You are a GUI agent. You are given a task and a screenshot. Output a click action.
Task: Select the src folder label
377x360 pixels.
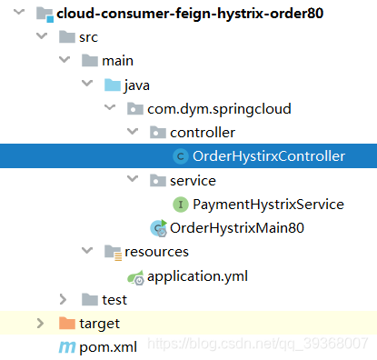88,38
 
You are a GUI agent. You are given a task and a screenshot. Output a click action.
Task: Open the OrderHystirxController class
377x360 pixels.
269,156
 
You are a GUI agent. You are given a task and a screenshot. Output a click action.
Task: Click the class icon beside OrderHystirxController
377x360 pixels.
180,156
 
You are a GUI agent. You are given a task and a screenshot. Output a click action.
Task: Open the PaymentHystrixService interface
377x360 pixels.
268,204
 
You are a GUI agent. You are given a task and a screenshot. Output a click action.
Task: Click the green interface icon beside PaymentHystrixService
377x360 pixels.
180,204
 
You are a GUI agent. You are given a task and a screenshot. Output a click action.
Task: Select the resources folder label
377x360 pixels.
156,251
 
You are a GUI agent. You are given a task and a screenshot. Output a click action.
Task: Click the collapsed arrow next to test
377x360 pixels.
63,299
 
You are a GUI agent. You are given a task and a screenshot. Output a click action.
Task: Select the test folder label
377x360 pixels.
114,299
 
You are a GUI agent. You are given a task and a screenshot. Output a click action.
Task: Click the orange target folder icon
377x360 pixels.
65,323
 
